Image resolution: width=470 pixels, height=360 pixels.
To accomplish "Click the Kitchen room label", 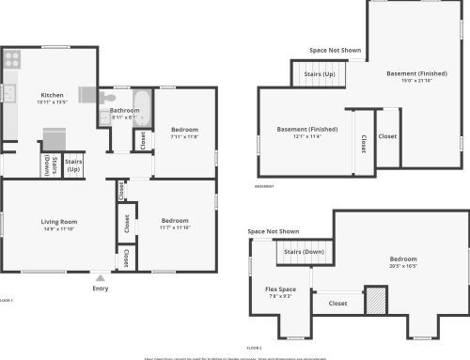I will pyautogui.click(x=51, y=94).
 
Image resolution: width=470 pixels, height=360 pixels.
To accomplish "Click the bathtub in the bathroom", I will pyautogui.click(x=142, y=102).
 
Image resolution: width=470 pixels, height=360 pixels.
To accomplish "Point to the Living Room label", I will pyautogui.click(x=58, y=222).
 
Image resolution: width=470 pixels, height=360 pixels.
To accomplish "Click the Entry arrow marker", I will pyautogui.click(x=101, y=277).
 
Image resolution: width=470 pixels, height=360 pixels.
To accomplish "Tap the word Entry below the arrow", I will pyautogui.click(x=101, y=289).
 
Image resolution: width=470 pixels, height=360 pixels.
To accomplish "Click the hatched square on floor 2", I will pyautogui.click(x=376, y=302).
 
